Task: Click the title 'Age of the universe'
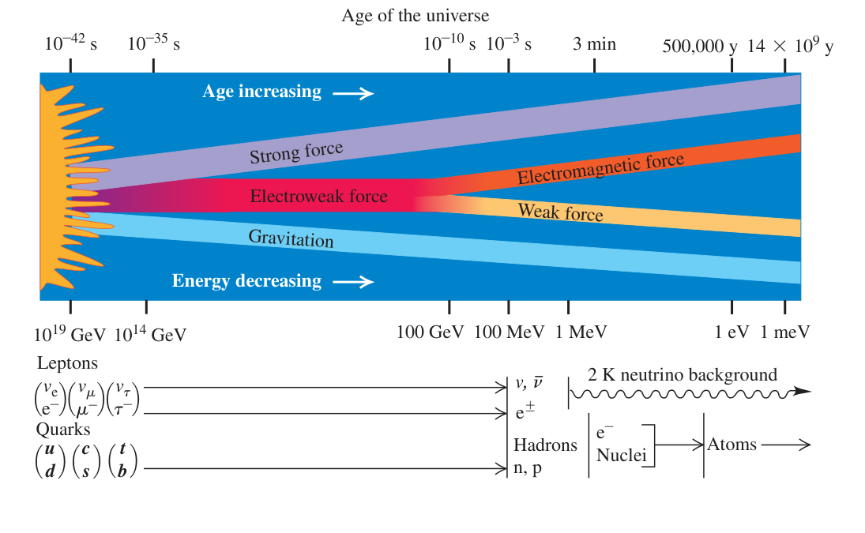point(415,16)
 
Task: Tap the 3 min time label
point(594,43)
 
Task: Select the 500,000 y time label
point(699,46)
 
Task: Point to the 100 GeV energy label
point(431,332)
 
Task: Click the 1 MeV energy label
point(581,332)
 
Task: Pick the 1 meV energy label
point(785,332)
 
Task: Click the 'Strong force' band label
point(296,152)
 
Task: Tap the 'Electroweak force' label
point(319,197)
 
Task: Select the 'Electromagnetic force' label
point(600,169)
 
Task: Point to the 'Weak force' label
point(561,212)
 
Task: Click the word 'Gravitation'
point(291,238)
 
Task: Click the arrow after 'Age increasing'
point(353,94)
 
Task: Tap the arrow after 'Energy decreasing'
point(353,282)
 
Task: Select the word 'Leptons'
point(67,363)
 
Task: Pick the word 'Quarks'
point(63,430)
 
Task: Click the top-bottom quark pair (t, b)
point(122,460)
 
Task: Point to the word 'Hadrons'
point(546,445)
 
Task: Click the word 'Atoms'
point(732,445)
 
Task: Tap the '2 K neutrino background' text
point(683,375)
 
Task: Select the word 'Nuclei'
point(621,456)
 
